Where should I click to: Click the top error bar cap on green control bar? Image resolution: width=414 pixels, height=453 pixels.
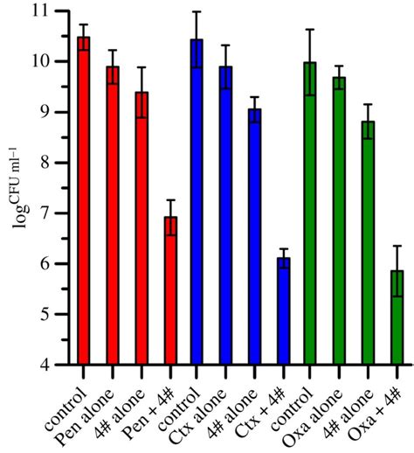[x=309, y=30]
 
